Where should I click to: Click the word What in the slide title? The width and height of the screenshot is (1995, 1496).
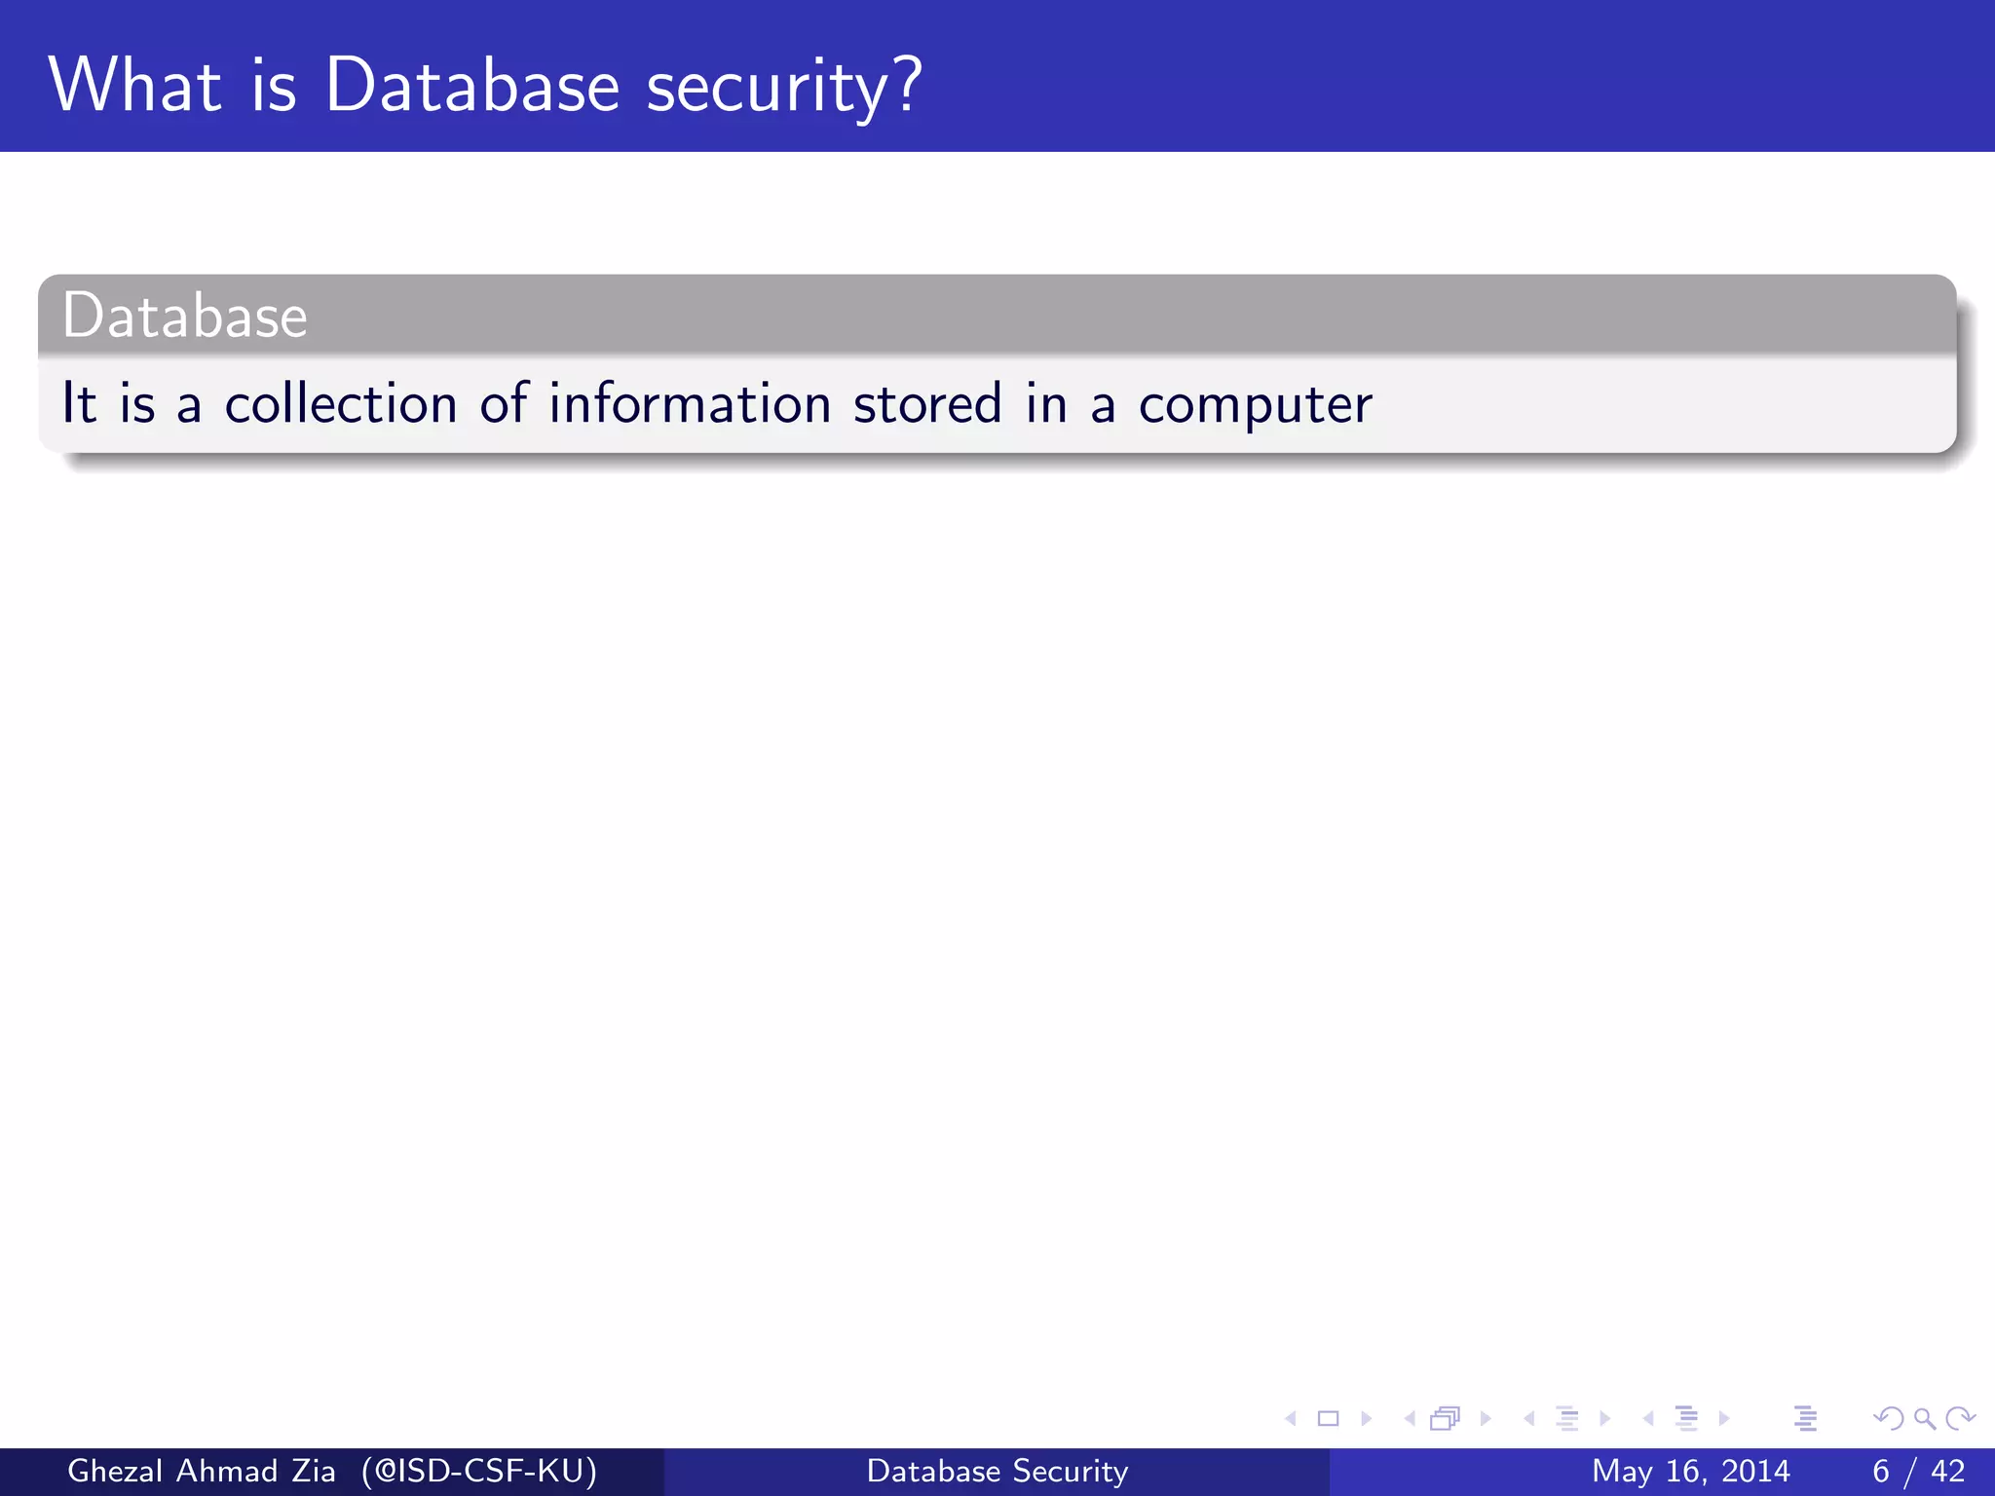pyautogui.click(x=135, y=86)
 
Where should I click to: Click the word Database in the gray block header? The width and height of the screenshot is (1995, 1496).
pyautogui.click(x=185, y=317)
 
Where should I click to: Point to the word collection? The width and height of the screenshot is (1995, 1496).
pyautogui.click(x=341, y=403)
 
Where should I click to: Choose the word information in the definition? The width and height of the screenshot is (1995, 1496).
pyautogui.click(x=690, y=403)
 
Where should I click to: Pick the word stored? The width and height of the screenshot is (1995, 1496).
pyautogui.click(x=927, y=403)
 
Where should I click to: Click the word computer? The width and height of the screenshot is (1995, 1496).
pyautogui.click(x=1255, y=405)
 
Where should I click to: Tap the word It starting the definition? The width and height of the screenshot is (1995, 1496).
pyautogui.click(x=79, y=403)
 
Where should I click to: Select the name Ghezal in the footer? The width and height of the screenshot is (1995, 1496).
pyautogui.click(x=115, y=1471)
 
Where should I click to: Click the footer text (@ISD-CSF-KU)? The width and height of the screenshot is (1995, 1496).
pyautogui.click(x=479, y=1471)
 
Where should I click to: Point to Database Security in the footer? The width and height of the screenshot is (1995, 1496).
pyautogui.click(x=997, y=1471)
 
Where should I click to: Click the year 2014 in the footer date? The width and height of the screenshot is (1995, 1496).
pyautogui.click(x=1754, y=1471)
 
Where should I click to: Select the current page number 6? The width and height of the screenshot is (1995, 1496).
pyautogui.click(x=1881, y=1471)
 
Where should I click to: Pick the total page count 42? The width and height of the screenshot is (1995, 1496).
pyautogui.click(x=1948, y=1471)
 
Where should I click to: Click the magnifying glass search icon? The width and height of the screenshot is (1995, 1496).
pyautogui.click(x=1925, y=1419)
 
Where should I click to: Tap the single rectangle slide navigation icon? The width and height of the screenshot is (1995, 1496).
pyautogui.click(x=1328, y=1419)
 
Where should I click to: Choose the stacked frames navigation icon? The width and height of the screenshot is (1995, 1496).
pyautogui.click(x=1445, y=1419)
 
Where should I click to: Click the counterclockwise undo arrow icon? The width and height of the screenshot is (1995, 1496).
pyautogui.click(x=1888, y=1419)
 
